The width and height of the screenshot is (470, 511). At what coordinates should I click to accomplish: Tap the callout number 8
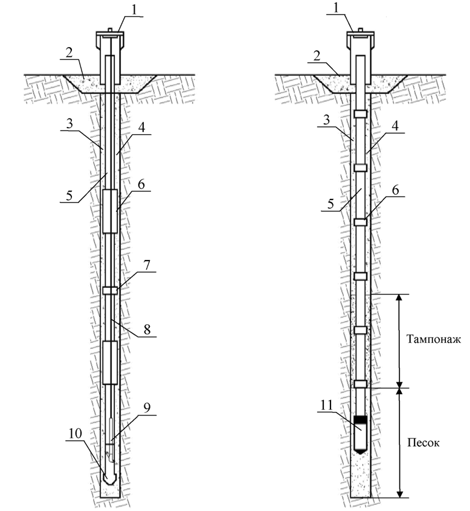tap(147, 330)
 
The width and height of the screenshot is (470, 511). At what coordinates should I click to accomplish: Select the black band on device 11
tap(361, 420)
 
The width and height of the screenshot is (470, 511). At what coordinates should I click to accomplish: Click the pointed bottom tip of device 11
tap(361, 451)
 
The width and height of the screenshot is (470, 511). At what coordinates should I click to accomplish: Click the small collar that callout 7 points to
tap(110, 291)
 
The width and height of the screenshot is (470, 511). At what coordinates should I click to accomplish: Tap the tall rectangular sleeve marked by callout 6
tap(110, 211)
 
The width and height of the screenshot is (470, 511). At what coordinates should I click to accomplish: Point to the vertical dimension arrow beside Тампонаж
tap(399, 341)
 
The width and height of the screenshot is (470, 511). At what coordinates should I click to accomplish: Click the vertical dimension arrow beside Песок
tap(399, 443)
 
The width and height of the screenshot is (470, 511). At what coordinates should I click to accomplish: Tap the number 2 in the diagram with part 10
tap(70, 53)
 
